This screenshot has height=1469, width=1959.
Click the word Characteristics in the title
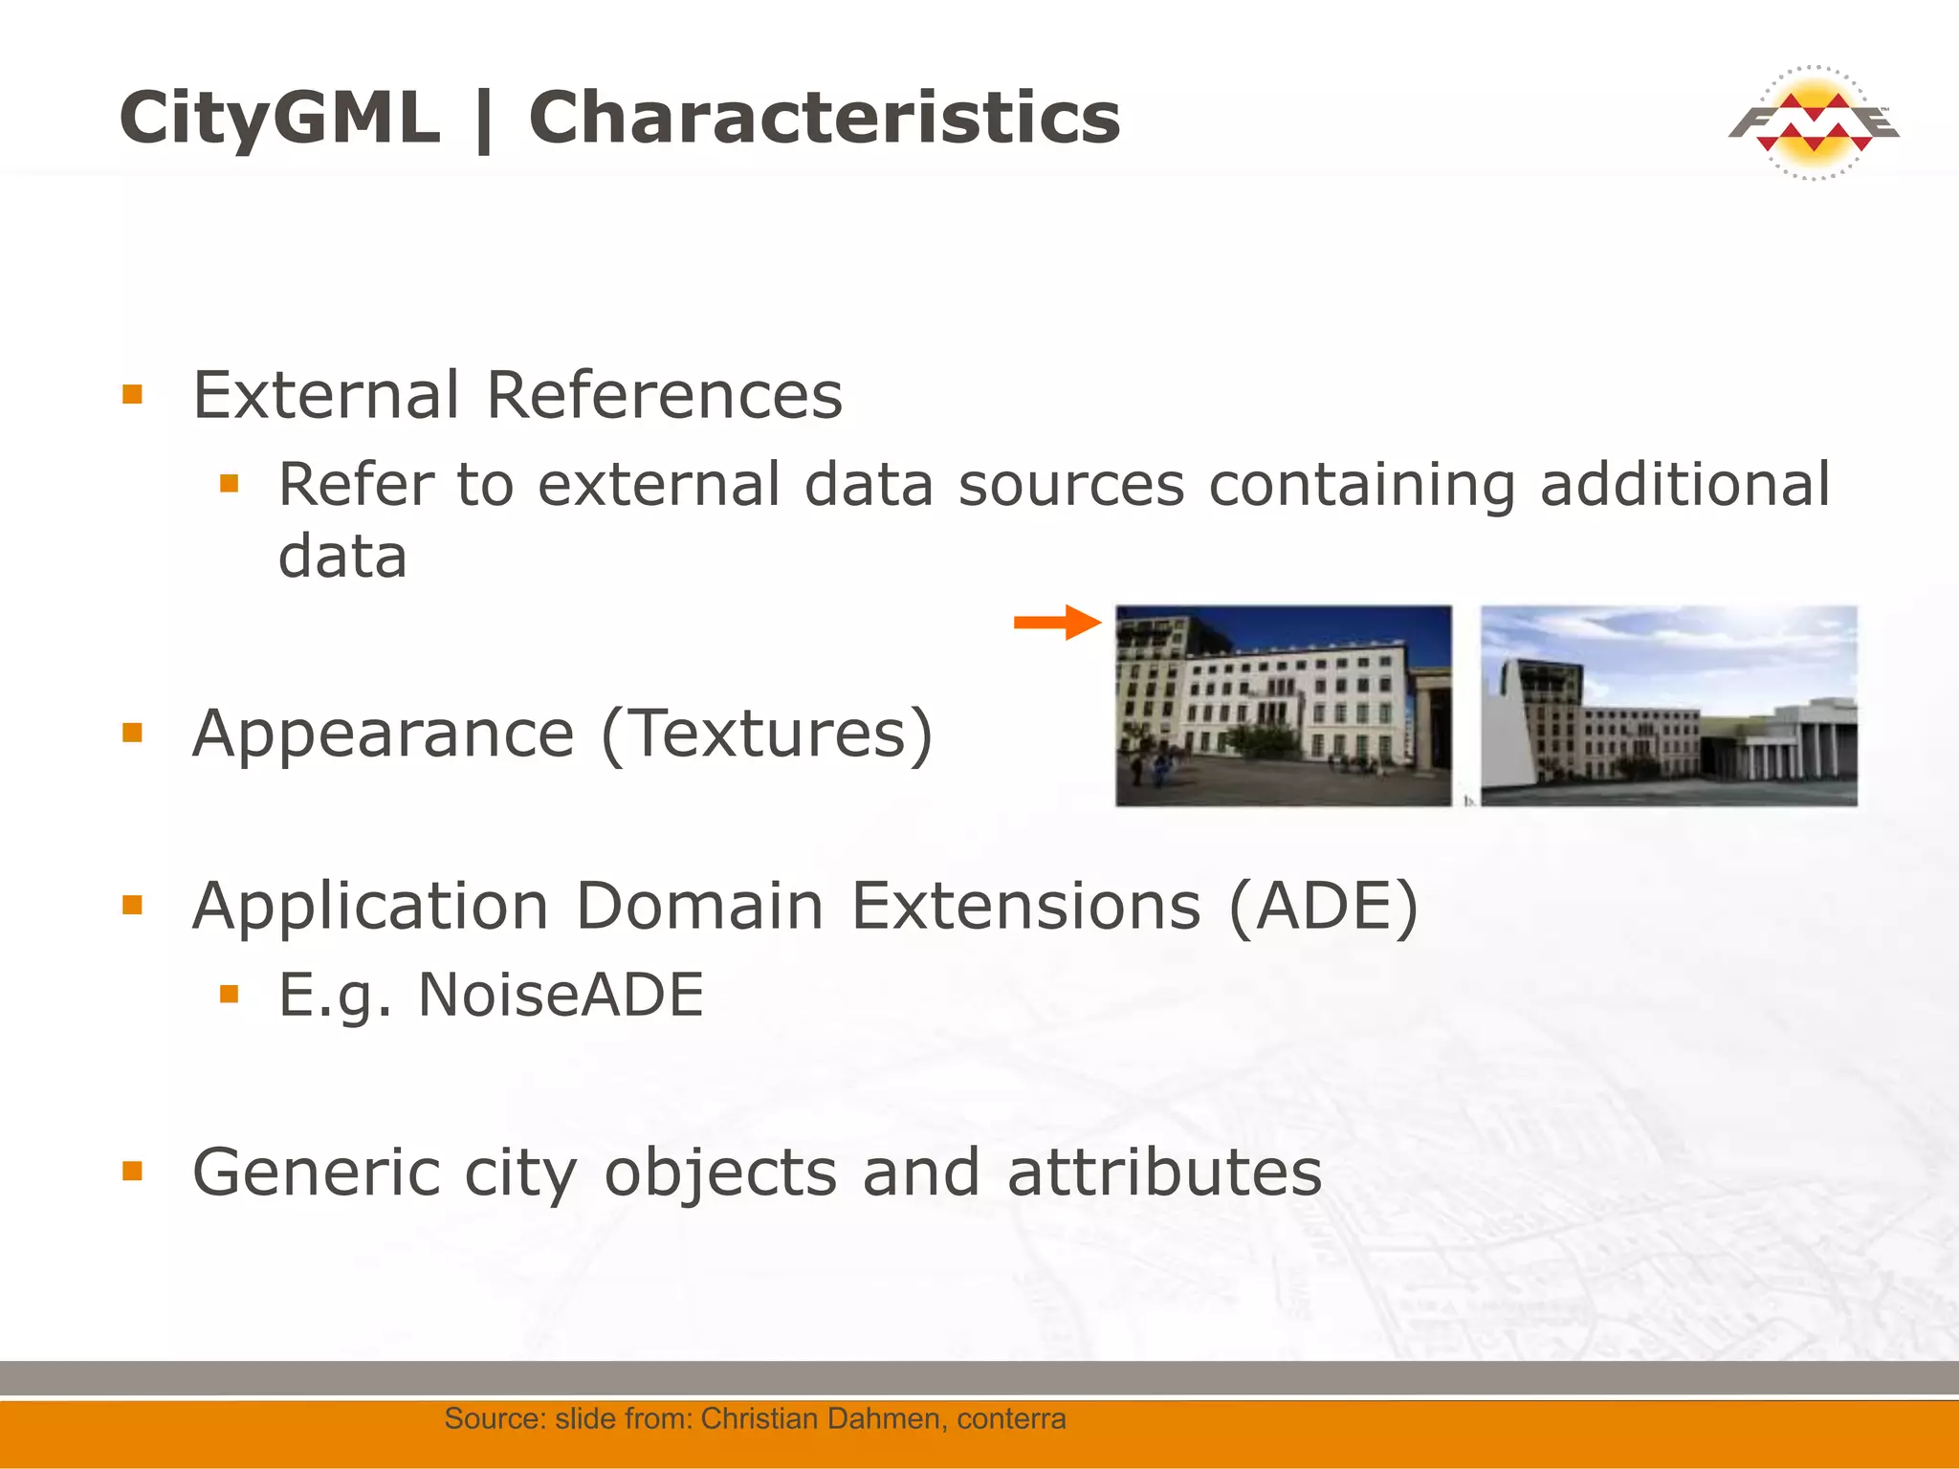824,118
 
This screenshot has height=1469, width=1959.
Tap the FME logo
1814,123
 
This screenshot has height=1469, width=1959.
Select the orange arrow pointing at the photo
1057,623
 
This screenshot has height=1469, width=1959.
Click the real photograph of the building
1284,706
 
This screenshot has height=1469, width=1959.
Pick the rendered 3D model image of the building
1669,706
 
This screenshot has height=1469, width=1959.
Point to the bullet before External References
132,394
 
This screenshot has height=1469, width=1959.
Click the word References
664,394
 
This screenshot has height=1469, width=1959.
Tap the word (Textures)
766,734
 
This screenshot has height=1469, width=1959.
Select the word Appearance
383,734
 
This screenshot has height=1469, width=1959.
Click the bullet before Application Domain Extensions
132,905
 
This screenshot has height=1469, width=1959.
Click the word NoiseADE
561,995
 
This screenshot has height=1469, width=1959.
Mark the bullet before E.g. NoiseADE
229,995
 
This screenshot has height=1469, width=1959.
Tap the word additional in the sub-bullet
1684,484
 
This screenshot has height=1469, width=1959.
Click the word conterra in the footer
1011,1418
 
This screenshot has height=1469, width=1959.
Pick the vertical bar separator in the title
484,120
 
